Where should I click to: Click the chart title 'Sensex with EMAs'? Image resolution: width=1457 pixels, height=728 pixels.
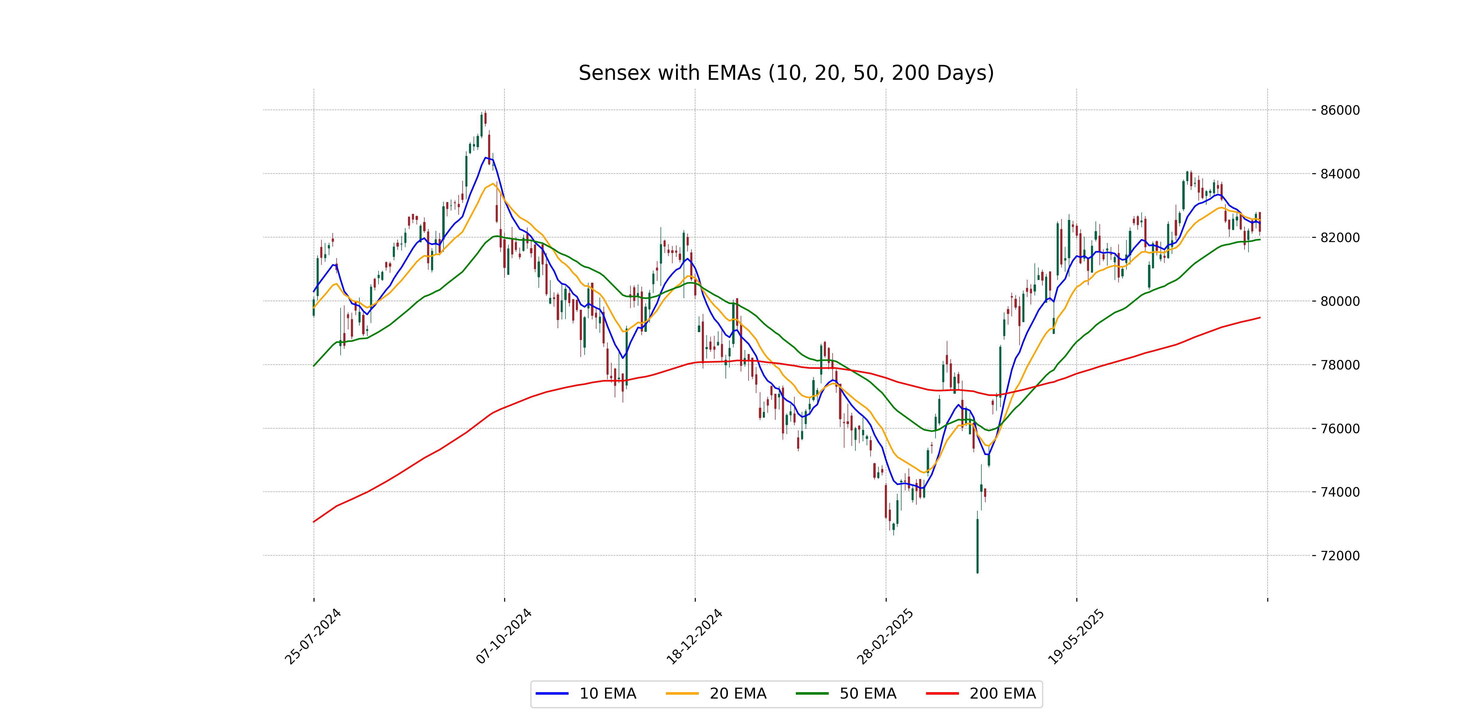(x=786, y=73)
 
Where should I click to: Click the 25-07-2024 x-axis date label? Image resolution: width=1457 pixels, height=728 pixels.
(x=313, y=637)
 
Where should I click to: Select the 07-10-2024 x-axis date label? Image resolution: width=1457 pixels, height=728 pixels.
(x=503, y=637)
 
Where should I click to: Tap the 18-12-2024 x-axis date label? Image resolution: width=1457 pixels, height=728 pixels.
(x=694, y=637)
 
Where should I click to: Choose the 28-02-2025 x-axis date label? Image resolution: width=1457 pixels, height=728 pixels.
(x=885, y=637)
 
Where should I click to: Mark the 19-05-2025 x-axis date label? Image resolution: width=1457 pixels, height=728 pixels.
(x=1075, y=637)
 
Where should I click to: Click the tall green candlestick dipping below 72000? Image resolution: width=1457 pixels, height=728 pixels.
(x=977, y=545)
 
